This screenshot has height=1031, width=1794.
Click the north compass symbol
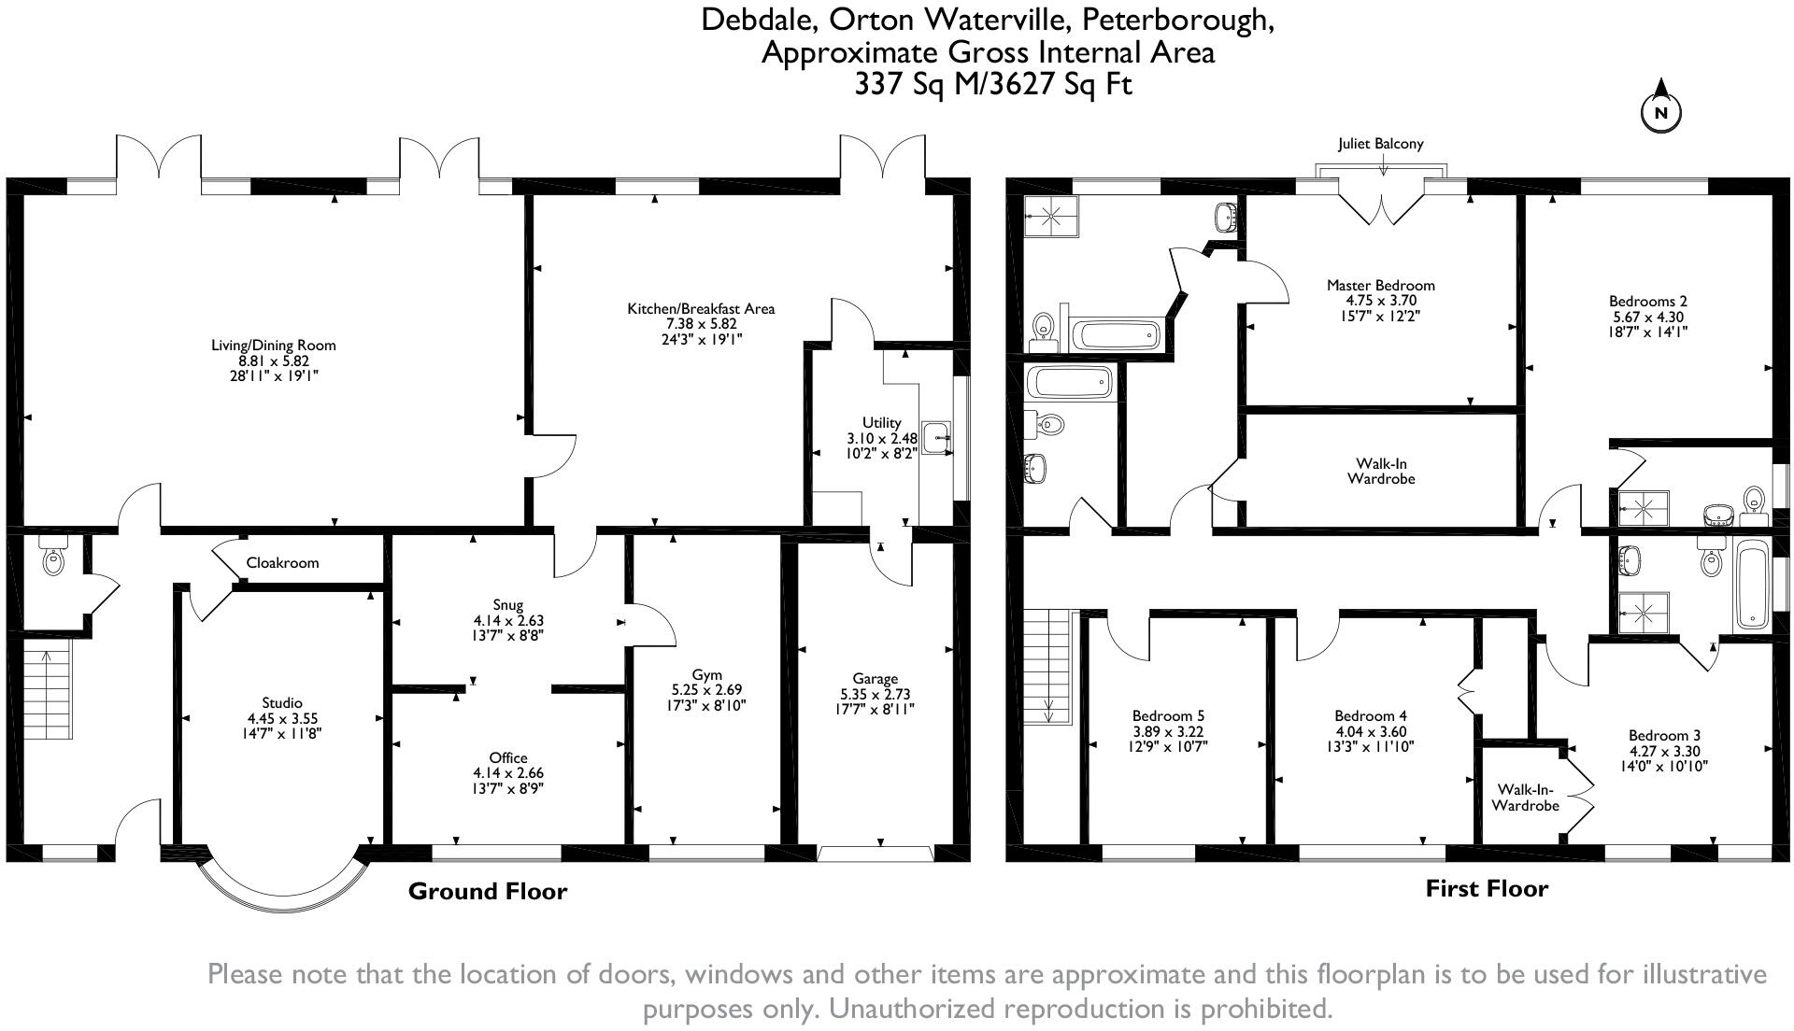point(1660,111)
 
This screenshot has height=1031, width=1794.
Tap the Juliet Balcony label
point(1380,144)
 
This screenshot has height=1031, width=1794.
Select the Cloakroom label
point(282,563)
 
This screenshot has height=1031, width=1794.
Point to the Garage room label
point(875,679)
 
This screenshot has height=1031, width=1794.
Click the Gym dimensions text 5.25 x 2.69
point(706,690)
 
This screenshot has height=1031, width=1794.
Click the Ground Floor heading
point(487,892)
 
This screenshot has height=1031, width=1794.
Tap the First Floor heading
point(1486,889)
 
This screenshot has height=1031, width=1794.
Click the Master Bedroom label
point(1380,286)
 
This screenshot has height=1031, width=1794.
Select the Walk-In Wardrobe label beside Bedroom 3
point(1525,798)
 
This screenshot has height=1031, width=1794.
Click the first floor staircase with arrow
point(1050,667)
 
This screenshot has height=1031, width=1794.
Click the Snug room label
point(508,605)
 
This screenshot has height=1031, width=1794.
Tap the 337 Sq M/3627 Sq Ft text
point(992,85)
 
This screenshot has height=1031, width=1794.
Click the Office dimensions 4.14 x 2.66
point(508,773)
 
